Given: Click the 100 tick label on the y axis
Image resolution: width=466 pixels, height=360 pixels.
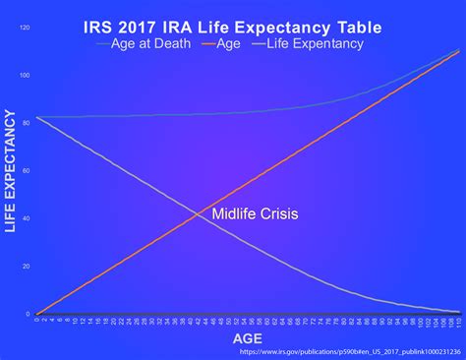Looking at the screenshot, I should coord(26,76).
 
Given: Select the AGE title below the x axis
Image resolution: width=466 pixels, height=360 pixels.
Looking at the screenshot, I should coord(247,339).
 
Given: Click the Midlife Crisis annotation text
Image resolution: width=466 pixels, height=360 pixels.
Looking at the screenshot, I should coord(255,213).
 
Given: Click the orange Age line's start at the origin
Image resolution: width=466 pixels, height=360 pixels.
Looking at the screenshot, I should coord(37,314).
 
